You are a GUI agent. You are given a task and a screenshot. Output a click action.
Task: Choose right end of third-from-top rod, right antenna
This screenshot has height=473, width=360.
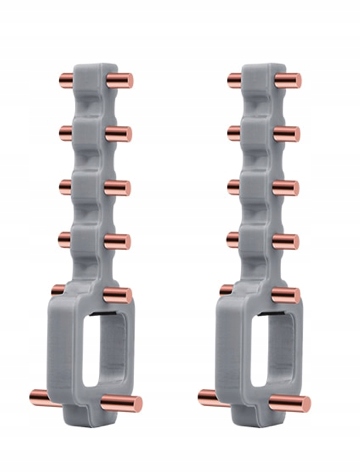(297, 188)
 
